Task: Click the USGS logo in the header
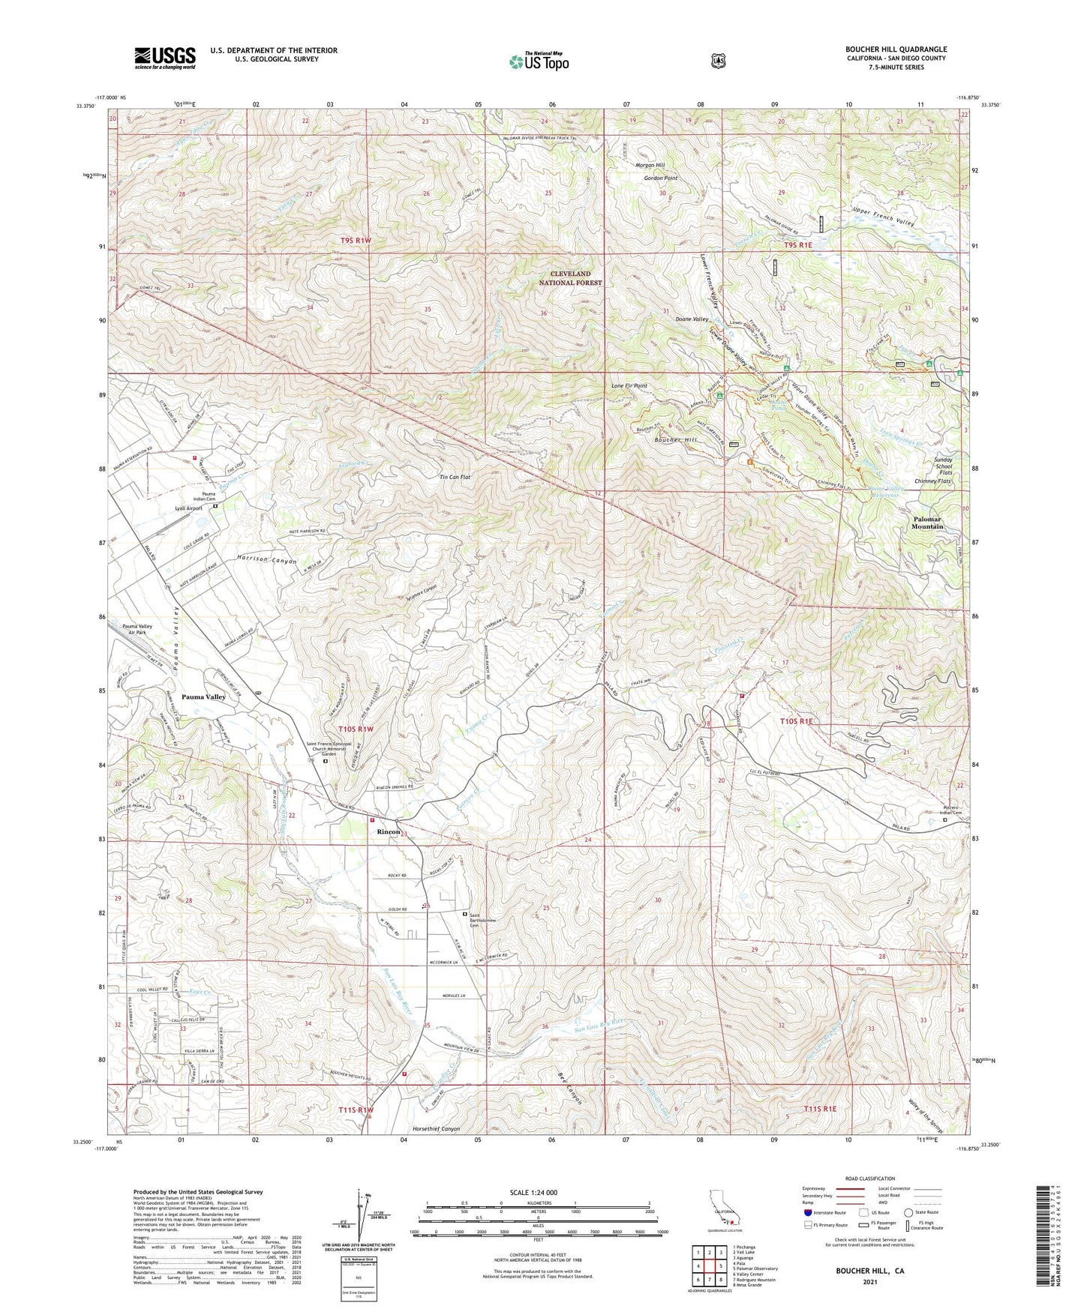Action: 164,58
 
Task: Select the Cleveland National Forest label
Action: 572,278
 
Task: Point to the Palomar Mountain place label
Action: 926,523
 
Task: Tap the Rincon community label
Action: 388,832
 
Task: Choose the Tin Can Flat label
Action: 455,477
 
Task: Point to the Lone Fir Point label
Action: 629,386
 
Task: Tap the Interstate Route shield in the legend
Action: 807,1212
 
